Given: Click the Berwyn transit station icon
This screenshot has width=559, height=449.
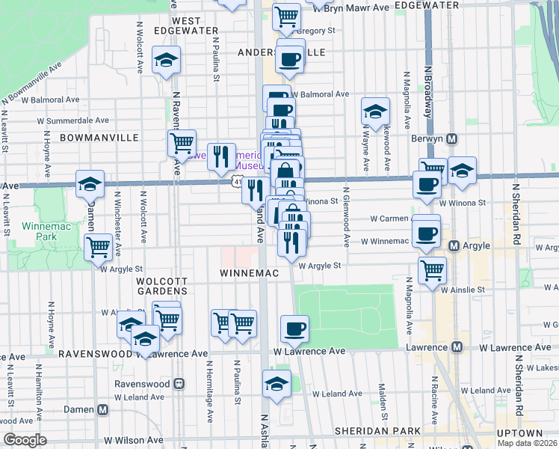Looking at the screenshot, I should pyautogui.click(x=452, y=139).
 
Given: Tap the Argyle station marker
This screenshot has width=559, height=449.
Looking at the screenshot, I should pyautogui.click(x=453, y=245).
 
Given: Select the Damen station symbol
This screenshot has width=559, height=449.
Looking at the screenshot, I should pyautogui.click(x=102, y=409).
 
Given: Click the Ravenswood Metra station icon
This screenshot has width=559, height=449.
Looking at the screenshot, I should pyautogui.click(x=179, y=383).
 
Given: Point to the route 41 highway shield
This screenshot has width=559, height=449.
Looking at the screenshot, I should pyautogui.click(x=237, y=182).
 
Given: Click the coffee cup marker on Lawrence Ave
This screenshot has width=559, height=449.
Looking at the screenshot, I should pyautogui.click(x=294, y=328).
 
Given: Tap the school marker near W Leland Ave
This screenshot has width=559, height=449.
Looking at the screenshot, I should pyautogui.click(x=277, y=384).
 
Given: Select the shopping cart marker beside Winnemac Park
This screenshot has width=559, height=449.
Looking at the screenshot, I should pyautogui.click(x=98, y=247).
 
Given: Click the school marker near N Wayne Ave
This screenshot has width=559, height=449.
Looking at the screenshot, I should pyautogui.click(x=375, y=112).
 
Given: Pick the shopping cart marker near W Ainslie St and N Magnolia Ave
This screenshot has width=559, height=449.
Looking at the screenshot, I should pyautogui.click(x=432, y=270).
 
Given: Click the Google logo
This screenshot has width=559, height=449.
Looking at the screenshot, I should pyautogui.click(x=25, y=440).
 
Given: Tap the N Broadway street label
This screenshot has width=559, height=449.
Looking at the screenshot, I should pyautogui.click(x=429, y=90).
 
